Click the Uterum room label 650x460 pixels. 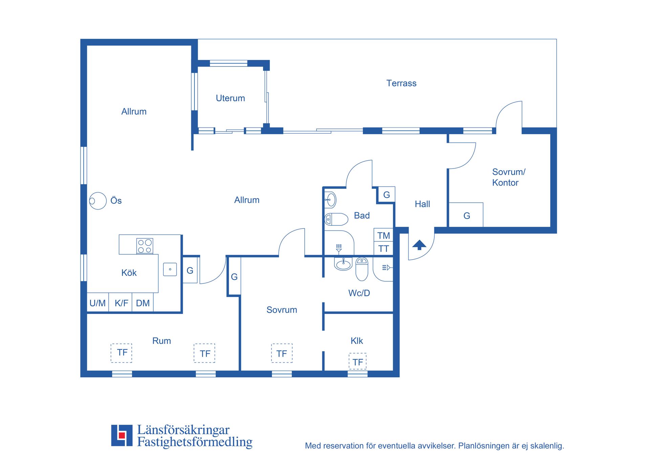230,98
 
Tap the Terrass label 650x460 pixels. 401,83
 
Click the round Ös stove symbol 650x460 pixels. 98,201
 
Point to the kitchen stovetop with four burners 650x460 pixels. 145,246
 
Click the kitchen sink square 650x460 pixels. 170,269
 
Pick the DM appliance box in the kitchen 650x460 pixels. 143,303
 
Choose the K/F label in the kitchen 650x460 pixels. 121,303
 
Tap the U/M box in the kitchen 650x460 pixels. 98,303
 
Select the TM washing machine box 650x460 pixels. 383,235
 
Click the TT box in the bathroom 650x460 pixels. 383,248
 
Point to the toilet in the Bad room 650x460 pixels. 336,219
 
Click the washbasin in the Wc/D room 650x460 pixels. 343,264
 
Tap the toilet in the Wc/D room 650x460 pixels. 362,269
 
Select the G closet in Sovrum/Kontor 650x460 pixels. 466,215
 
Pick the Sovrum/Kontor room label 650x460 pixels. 508,177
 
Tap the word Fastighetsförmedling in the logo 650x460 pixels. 195,442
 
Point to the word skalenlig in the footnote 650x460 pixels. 547,446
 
